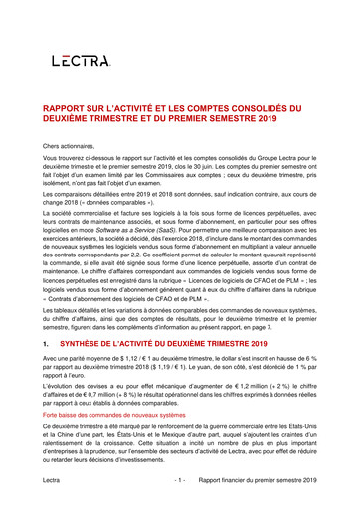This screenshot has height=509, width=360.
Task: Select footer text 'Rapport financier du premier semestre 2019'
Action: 259,480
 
